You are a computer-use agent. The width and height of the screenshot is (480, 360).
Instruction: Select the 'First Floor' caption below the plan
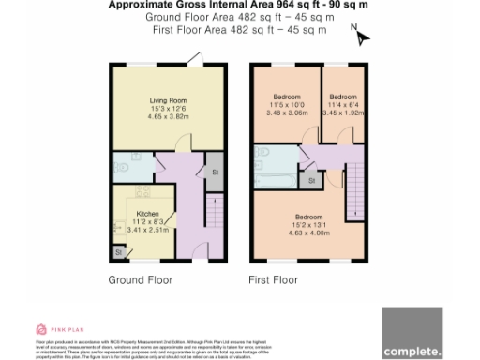coord(273,280)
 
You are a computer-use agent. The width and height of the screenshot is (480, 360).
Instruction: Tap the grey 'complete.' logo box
coord(412,333)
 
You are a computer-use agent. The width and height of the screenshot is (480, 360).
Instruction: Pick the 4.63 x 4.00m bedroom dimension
coord(309,232)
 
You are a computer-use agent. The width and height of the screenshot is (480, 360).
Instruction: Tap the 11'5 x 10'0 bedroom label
coord(286,105)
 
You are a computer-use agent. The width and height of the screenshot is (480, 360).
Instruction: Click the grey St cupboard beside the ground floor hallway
coord(214,172)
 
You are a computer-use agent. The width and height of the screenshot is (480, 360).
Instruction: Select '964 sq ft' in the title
coord(259,5)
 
